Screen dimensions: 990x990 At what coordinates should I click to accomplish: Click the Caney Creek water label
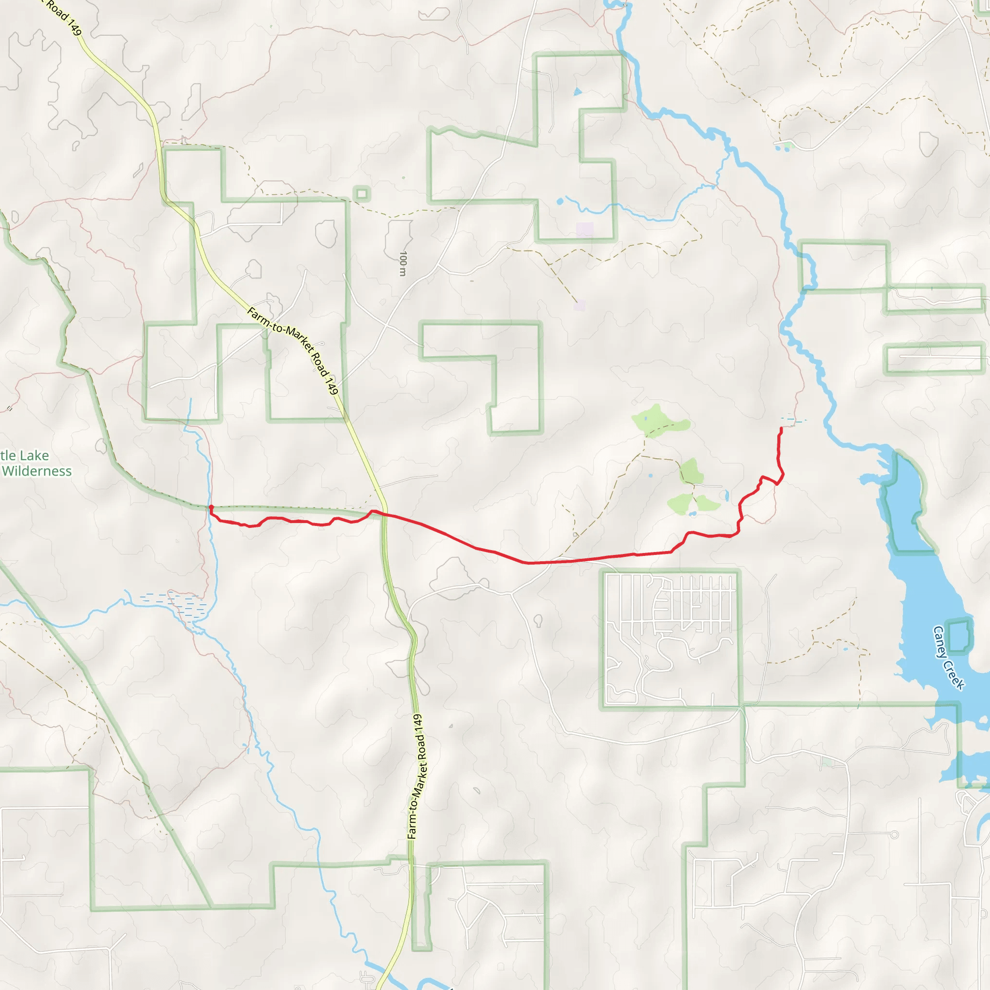948,658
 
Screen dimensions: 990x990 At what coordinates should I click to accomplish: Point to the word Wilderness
37,471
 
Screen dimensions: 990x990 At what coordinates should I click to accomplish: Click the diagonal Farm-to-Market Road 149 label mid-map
292,350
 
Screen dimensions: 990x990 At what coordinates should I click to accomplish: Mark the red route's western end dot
211,507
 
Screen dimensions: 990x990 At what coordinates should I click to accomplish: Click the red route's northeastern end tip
781,428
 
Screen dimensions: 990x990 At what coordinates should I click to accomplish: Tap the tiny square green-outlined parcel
362,194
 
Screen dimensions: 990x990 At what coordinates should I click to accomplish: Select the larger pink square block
585,229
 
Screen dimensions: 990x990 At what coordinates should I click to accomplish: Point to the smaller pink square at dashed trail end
580,306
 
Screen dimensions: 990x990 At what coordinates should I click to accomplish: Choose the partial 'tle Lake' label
25,455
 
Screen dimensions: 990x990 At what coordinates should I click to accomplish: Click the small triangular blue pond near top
578,92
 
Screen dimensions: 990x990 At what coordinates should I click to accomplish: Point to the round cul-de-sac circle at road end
894,835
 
